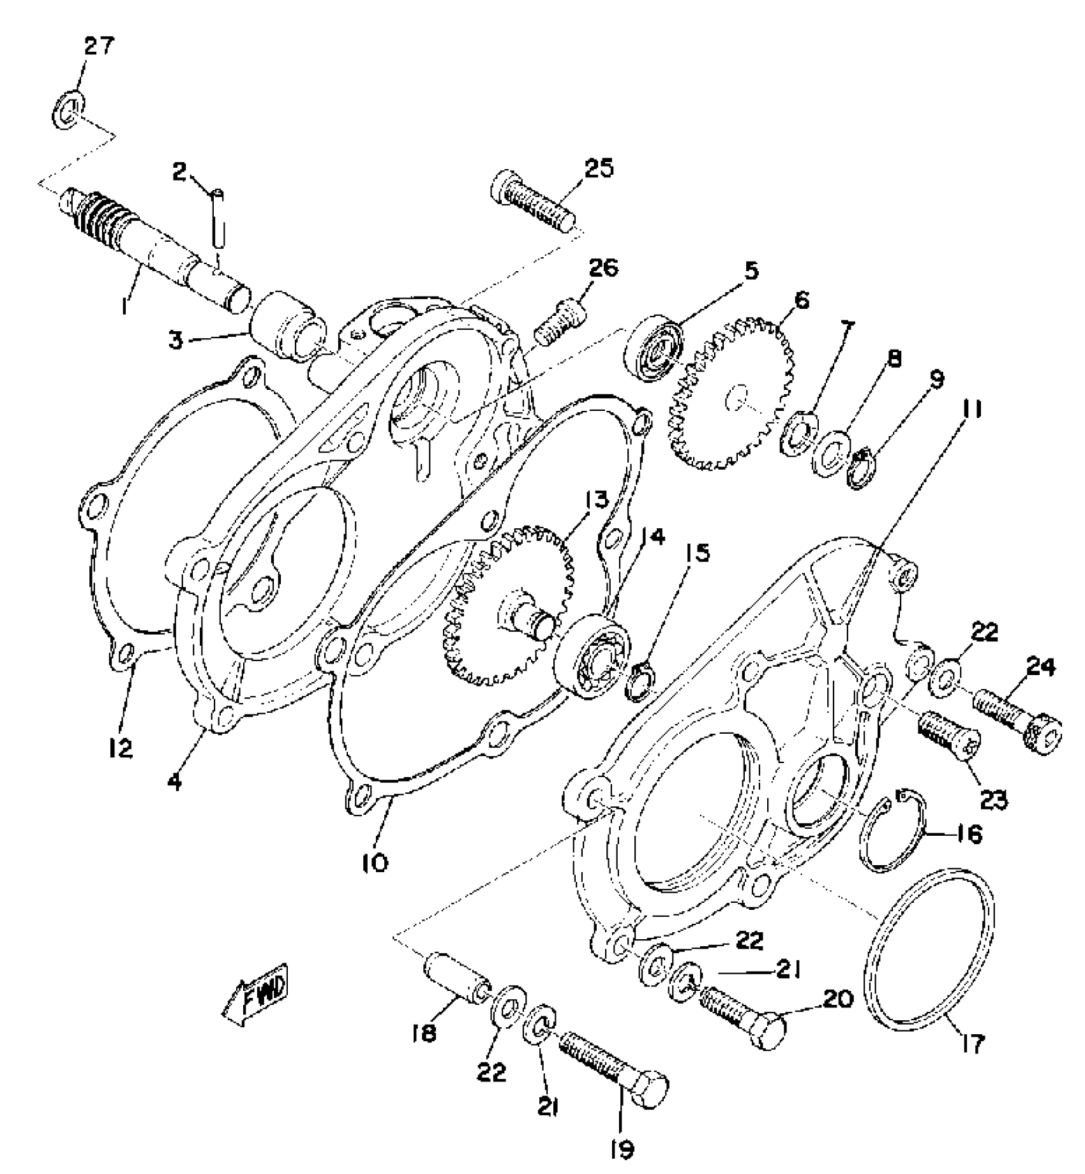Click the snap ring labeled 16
click(892, 830)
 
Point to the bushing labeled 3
click(290, 325)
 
